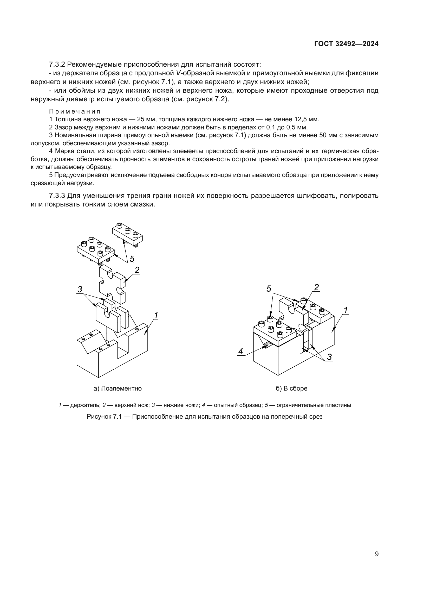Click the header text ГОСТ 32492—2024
coord(346,44)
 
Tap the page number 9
coord(377,554)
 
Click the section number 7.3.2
coord(57,65)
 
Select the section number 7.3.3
coord(57,196)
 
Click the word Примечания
coord(75,111)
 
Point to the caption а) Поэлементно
coord(118,388)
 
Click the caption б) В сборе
coord(291,388)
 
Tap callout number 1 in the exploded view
coord(156,315)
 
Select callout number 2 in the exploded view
coord(137,270)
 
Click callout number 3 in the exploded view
coord(80,289)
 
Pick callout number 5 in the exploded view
coord(132,258)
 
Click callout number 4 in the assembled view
coord(240,351)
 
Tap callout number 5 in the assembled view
coord(269,288)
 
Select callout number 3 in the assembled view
coord(329,357)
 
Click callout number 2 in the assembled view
coord(316,287)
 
